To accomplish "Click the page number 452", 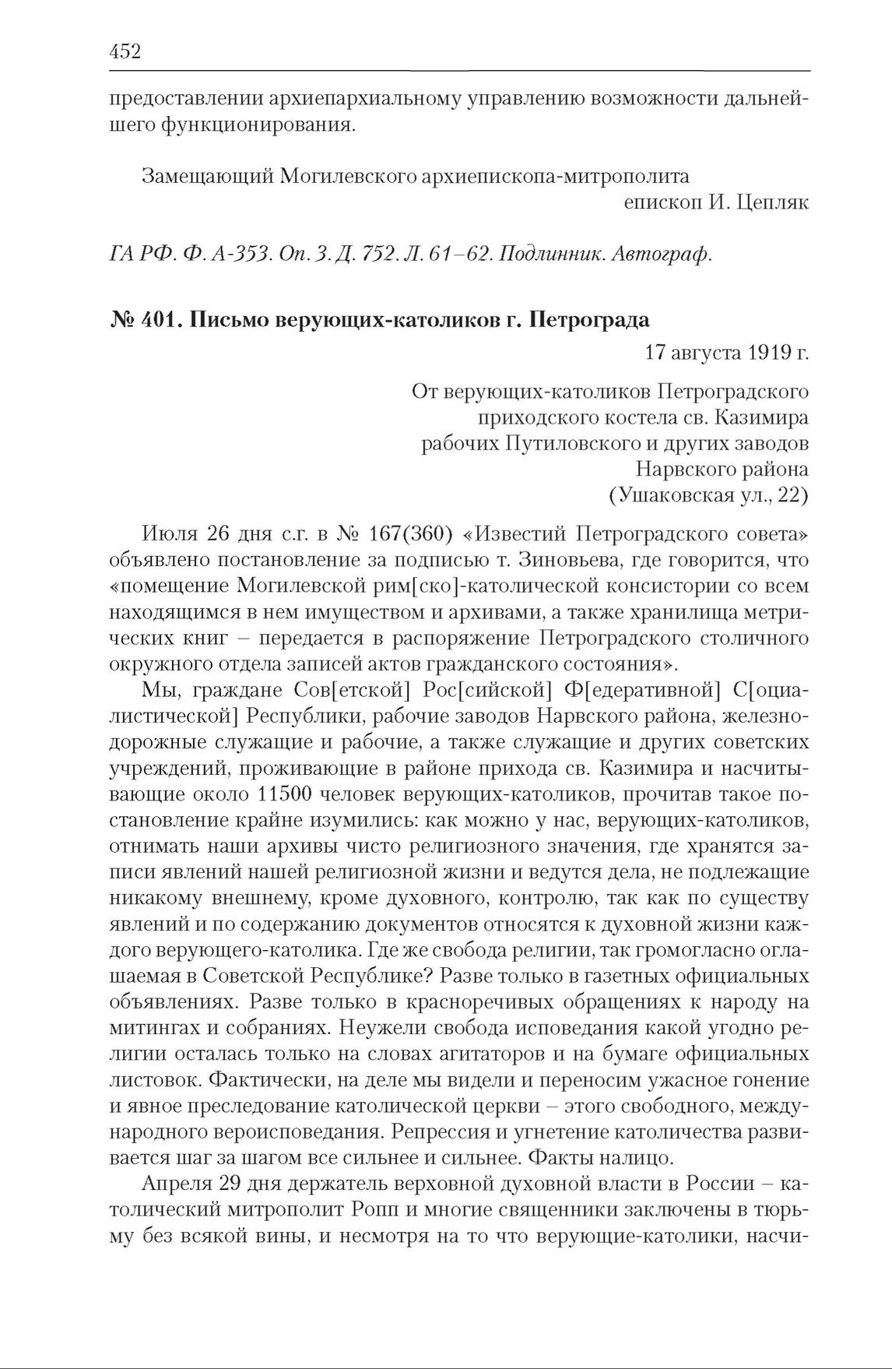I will (x=125, y=52).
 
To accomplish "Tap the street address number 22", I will (x=787, y=494).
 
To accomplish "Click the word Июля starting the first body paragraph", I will (x=169, y=534).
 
